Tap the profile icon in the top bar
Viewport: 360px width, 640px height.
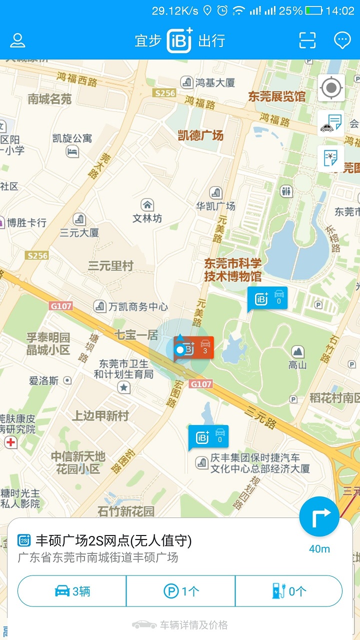tap(18, 40)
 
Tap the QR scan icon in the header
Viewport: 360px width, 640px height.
tap(307, 40)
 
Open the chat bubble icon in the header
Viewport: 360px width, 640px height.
tap(342, 40)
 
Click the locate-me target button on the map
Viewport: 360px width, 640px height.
tap(331, 88)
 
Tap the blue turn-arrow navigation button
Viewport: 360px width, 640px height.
tap(319, 517)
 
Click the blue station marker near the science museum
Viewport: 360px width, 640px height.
tap(268, 298)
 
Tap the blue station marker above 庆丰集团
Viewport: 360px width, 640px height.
tap(208, 437)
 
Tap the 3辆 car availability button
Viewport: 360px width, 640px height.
tap(72, 591)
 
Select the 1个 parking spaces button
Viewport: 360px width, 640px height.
tap(181, 591)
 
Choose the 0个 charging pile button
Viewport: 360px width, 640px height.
tap(289, 591)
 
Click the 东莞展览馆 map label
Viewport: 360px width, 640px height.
tap(276, 96)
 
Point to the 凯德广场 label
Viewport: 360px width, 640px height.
tap(200, 135)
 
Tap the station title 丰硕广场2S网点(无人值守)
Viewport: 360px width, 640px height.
tap(113, 540)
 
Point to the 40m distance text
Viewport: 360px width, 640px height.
tap(319, 549)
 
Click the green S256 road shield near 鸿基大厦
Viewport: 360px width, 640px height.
tap(164, 93)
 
